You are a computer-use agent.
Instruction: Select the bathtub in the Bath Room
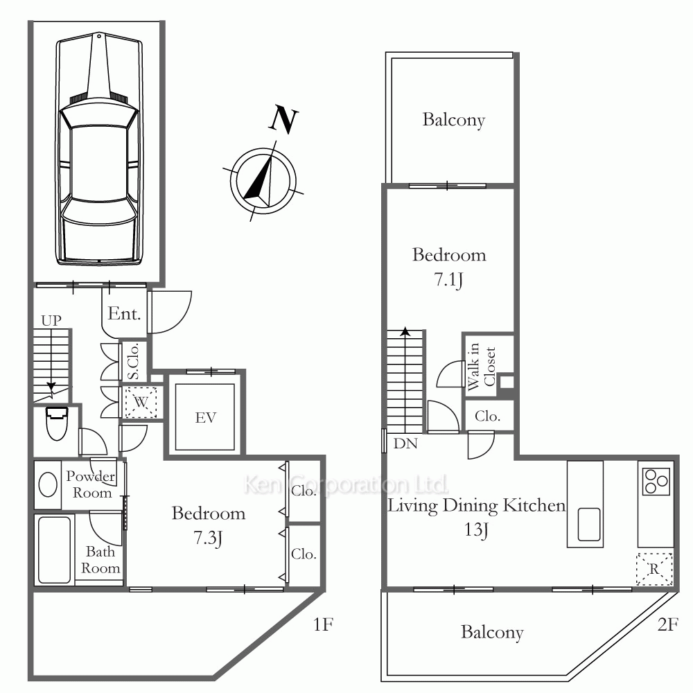(54, 550)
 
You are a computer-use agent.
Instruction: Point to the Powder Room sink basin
(48, 484)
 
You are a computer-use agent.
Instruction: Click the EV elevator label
(206, 418)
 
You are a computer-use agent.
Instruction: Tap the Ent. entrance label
(124, 313)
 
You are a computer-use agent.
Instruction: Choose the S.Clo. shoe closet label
(134, 361)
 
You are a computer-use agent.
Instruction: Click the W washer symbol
(141, 402)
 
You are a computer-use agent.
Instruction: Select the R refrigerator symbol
(654, 569)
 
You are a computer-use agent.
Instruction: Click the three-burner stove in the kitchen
(656, 482)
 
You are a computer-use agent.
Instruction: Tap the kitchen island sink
(588, 524)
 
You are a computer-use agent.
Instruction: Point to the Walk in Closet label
(482, 367)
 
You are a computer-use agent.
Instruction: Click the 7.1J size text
(448, 279)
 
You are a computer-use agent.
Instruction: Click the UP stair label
(51, 320)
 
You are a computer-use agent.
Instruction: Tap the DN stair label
(405, 443)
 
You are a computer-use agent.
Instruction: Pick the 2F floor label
(667, 624)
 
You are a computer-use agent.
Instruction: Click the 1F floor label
(323, 624)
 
